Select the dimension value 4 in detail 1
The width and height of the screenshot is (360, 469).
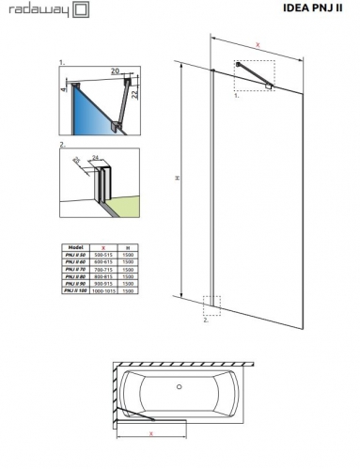click(64, 91)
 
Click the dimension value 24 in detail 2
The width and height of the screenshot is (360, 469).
click(96, 158)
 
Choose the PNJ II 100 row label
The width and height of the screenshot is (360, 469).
click(76, 291)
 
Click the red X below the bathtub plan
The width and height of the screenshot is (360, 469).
click(150, 433)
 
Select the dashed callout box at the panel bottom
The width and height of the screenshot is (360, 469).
click(212, 307)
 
